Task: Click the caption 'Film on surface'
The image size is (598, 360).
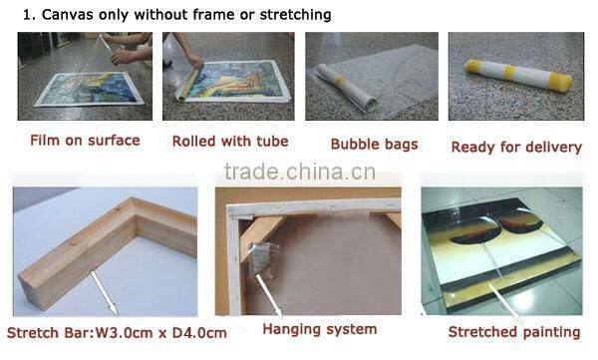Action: click(85, 141)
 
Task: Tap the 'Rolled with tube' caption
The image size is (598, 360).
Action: click(230, 142)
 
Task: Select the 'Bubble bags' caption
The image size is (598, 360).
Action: click(374, 145)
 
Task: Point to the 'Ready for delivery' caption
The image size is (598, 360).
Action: click(516, 148)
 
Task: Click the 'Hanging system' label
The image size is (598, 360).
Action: click(320, 329)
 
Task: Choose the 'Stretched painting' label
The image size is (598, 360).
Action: click(514, 332)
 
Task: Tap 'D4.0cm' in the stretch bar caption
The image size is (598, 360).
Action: click(199, 333)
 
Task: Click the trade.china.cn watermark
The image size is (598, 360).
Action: click(300, 172)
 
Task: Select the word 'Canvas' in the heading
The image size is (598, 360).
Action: click(67, 15)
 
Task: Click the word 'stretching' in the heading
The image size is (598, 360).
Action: click(295, 15)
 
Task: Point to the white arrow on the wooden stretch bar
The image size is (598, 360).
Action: click(104, 292)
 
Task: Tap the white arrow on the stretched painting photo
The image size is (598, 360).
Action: click(504, 304)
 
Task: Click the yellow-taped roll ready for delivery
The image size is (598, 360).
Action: click(518, 74)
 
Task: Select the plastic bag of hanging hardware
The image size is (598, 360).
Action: click(263, 258)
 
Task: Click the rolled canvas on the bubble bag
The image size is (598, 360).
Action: click(346, 88)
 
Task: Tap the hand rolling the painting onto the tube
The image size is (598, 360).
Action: click(195, 60)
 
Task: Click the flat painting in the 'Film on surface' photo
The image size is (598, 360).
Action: click(90, 89)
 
